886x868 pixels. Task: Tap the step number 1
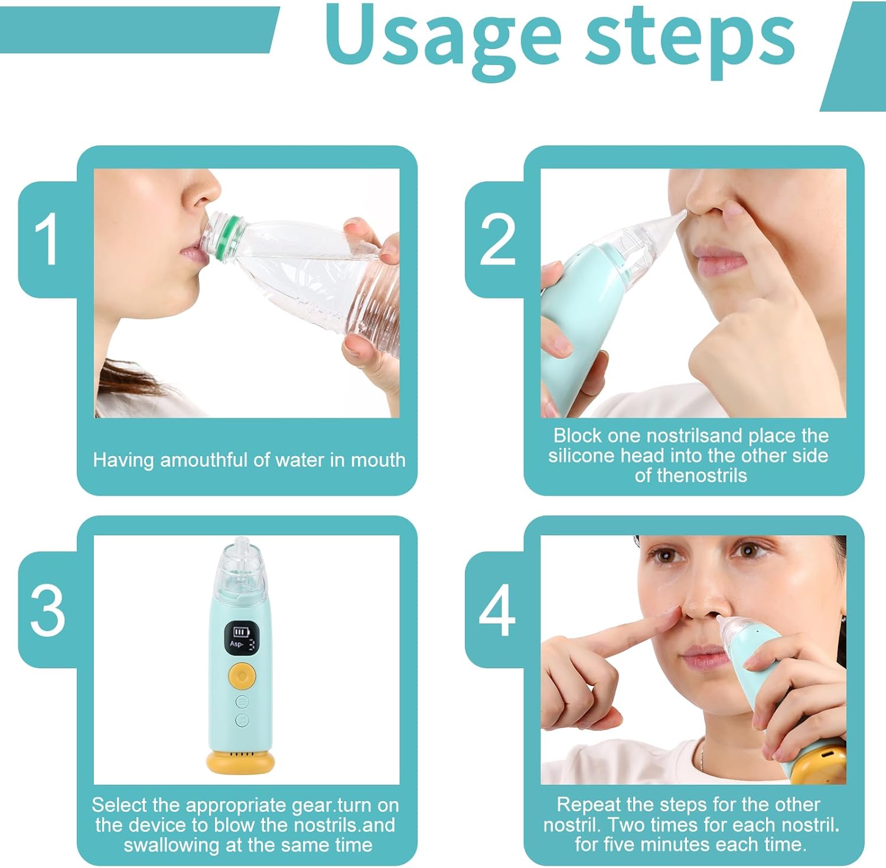tap(46, 239)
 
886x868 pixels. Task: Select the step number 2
tap(497, 239)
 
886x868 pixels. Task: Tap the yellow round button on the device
tap(241, 675)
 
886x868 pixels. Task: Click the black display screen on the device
tap(242, 638)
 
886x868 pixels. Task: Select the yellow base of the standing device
tap(241, 762)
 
